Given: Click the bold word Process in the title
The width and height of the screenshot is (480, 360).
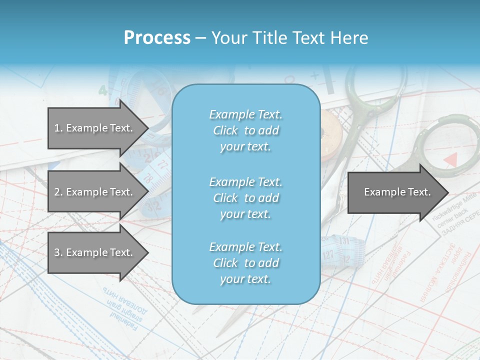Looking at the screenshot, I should [x=157, y=38].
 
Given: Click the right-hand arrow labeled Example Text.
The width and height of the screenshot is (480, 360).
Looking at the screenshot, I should [x=397, y=192].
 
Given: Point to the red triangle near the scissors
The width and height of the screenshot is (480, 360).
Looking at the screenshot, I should [x=451, y=159].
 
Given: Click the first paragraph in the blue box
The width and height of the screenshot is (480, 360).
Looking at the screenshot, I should [x=245, y=130].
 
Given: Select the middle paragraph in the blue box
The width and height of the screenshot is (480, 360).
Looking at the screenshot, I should [x=245, y=198].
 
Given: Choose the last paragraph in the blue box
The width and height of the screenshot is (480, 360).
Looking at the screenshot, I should [x=245, y=263].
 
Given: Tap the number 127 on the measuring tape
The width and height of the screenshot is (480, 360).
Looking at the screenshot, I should [x=328, y=254].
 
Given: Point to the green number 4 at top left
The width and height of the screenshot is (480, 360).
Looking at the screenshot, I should [x=102, y=90].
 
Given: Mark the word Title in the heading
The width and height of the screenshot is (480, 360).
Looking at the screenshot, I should [x=270, y=38].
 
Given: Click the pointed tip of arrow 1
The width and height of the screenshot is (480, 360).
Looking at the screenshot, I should [x=147, y=128].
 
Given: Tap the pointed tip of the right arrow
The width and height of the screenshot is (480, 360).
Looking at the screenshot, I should [x=447, y=192].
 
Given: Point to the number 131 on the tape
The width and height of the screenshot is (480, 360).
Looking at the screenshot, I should [x=344, y=241].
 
